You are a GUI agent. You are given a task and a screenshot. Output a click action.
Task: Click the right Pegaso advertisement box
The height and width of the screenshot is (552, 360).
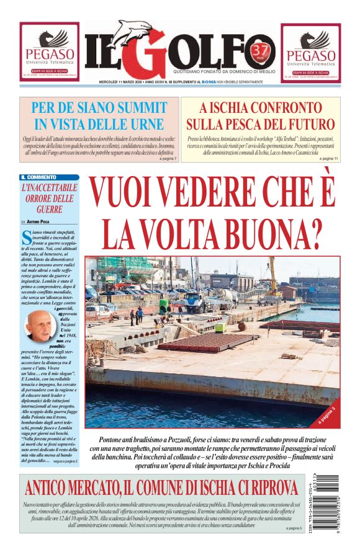pyautogui.click(x=310, y=53)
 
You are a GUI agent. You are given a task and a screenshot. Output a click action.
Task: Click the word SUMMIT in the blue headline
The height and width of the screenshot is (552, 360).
pyautogui.click(x=135, y=107)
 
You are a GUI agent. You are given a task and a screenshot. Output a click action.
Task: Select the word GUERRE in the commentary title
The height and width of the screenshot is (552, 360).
pyautogui.click(x=49, y=210)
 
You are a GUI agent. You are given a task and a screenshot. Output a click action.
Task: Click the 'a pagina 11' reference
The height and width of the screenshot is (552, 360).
pyautogui.click(x=328, y=159)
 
